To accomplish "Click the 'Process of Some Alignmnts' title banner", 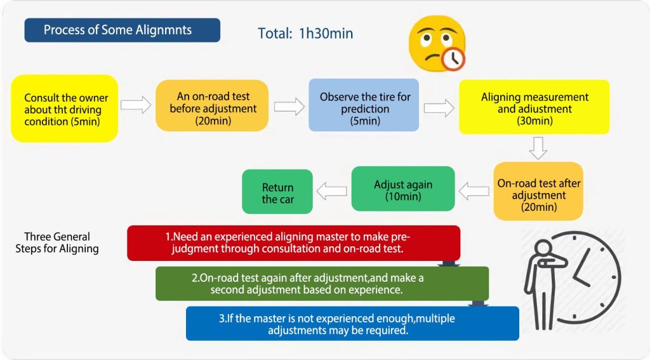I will coord(122,30).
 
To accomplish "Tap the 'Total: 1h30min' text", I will coord(305,33).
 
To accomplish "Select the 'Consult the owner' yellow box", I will coord(63,109).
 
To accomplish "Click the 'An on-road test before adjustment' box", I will coord(213,105).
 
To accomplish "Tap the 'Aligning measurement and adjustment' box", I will coord(534,107).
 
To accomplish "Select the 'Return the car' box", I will coord(277,191).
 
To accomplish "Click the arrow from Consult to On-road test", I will coord(136,105).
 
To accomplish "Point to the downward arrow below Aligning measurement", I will coord(538,148).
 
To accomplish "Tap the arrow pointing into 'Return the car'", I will coord(331,189).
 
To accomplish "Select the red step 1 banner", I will coord(293,243).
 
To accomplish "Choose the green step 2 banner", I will coord(322,283).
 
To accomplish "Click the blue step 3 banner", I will coord(352,323).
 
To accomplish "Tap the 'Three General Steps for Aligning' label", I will coord(57,243).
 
